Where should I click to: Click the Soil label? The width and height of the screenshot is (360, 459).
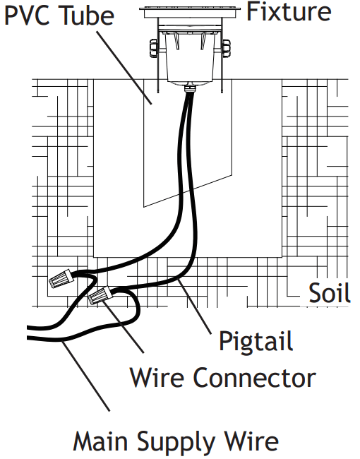[330, 292]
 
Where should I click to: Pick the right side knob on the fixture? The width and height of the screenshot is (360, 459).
[226, 47]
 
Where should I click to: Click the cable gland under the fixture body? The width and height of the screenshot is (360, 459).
[189, 88]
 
